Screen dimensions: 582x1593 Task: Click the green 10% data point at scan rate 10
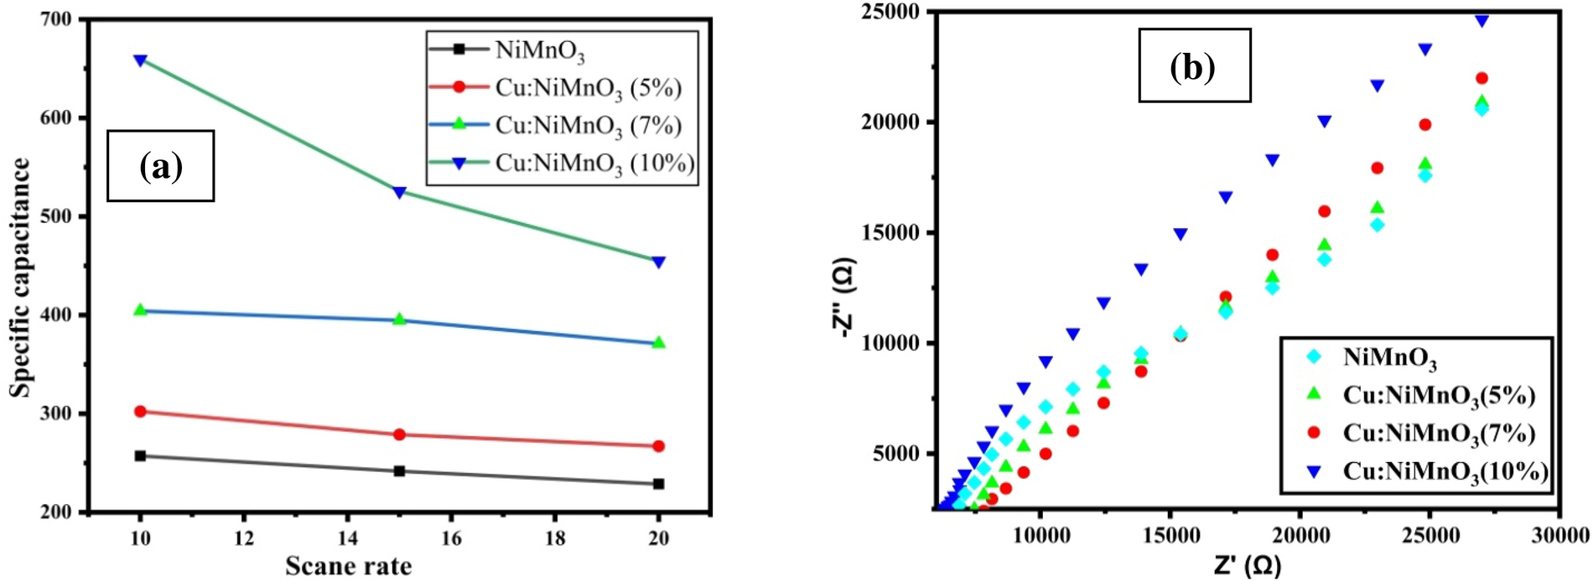140,60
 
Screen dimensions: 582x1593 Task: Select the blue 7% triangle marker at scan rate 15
399,320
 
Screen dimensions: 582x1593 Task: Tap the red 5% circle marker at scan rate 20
658,446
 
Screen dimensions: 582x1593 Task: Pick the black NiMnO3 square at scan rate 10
140,456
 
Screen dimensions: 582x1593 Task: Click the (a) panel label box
160,166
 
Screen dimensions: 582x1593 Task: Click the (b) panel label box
1194,65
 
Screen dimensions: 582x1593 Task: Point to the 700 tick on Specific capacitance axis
56,19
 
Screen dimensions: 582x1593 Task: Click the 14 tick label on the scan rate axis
347,538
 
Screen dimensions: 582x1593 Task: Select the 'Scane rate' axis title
348,566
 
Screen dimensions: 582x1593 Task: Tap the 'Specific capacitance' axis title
20,277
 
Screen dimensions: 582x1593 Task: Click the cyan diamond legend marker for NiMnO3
1313,357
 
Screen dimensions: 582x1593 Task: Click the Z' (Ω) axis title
1247,565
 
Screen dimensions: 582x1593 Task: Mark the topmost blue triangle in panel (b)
1481,20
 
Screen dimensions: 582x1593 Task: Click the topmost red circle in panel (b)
1481,78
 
